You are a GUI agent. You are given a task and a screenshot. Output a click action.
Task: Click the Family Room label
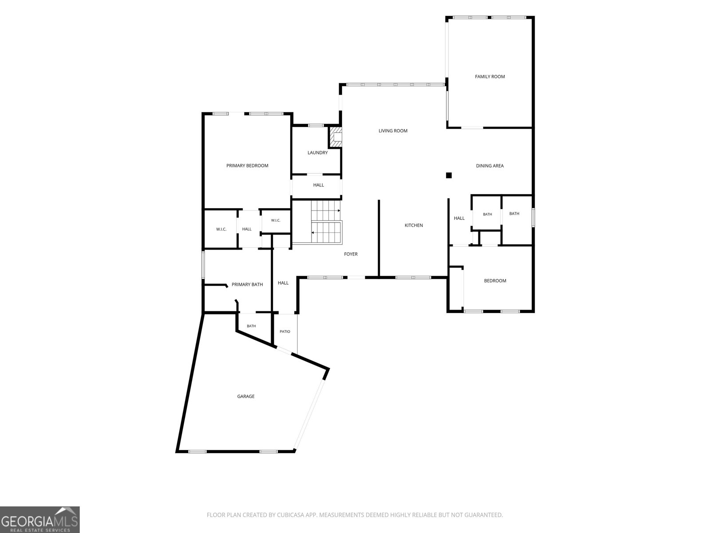(490, 77)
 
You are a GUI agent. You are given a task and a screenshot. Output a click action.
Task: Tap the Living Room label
(393, 131)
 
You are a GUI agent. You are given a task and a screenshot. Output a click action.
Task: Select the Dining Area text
(490, 166)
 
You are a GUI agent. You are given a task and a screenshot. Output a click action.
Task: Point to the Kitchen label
(414, 225)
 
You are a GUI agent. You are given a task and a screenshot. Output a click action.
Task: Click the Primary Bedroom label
(247, 166)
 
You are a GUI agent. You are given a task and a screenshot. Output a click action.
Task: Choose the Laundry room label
(318, 153)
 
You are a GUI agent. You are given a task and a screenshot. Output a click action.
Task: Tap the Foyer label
(351, 254)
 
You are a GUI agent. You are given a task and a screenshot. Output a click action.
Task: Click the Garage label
(246, 397)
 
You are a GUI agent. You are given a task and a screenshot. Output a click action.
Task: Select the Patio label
(285, 331)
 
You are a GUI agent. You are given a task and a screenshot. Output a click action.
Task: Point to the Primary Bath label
(247, 284)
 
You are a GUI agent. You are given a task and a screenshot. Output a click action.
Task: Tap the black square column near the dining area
(449, 175)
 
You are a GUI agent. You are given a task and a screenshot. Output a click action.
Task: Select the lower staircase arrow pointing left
(326, 233)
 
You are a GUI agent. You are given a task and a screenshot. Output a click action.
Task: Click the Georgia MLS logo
(40, 520)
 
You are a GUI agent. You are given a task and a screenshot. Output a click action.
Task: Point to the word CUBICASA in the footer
(290, 515)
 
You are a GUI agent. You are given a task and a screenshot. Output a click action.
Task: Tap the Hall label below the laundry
(319, 185)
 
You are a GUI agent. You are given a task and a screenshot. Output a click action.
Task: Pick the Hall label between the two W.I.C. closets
(247, 229)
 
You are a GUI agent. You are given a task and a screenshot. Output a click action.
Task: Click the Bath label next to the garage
(251, 326)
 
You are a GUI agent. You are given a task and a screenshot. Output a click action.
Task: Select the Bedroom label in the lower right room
(495, 281)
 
